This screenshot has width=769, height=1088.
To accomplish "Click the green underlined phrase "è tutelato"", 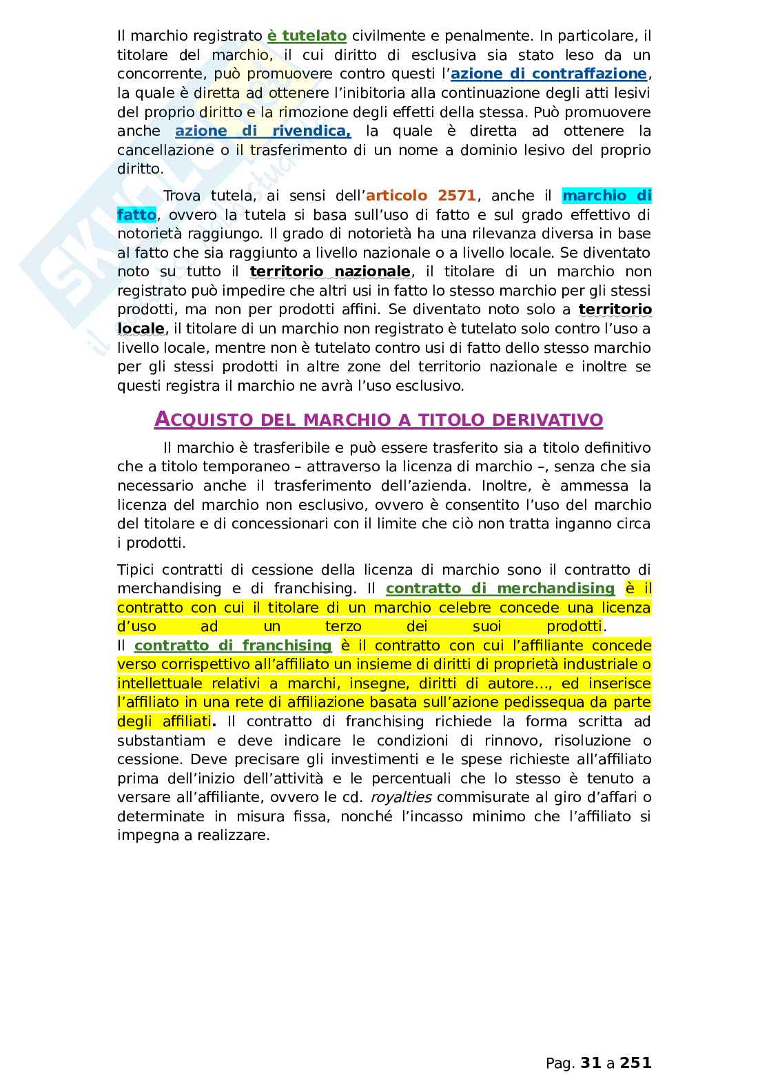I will [307, 36].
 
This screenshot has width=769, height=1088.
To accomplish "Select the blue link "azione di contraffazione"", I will [548, 74].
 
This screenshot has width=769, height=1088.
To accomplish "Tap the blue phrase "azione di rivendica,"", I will [263, 131].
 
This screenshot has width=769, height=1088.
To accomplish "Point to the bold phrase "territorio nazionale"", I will [330, 271].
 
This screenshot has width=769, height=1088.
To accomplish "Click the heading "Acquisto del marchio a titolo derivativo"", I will [378, 419].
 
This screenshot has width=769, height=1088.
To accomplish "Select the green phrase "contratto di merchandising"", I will [500, 588].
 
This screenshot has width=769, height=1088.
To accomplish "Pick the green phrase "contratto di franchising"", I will [233, 646].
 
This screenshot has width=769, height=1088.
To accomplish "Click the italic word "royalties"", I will [401, 798].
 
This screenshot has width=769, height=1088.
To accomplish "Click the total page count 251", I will [635, 1063].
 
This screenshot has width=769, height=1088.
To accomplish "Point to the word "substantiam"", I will [161, 741].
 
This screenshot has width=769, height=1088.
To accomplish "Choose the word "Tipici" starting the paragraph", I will [136, 570].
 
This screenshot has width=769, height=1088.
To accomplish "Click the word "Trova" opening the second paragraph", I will [182, 196].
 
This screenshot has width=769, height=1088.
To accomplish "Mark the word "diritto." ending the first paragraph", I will [141, 169].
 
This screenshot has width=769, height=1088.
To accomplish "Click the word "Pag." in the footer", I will [560, 1063].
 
